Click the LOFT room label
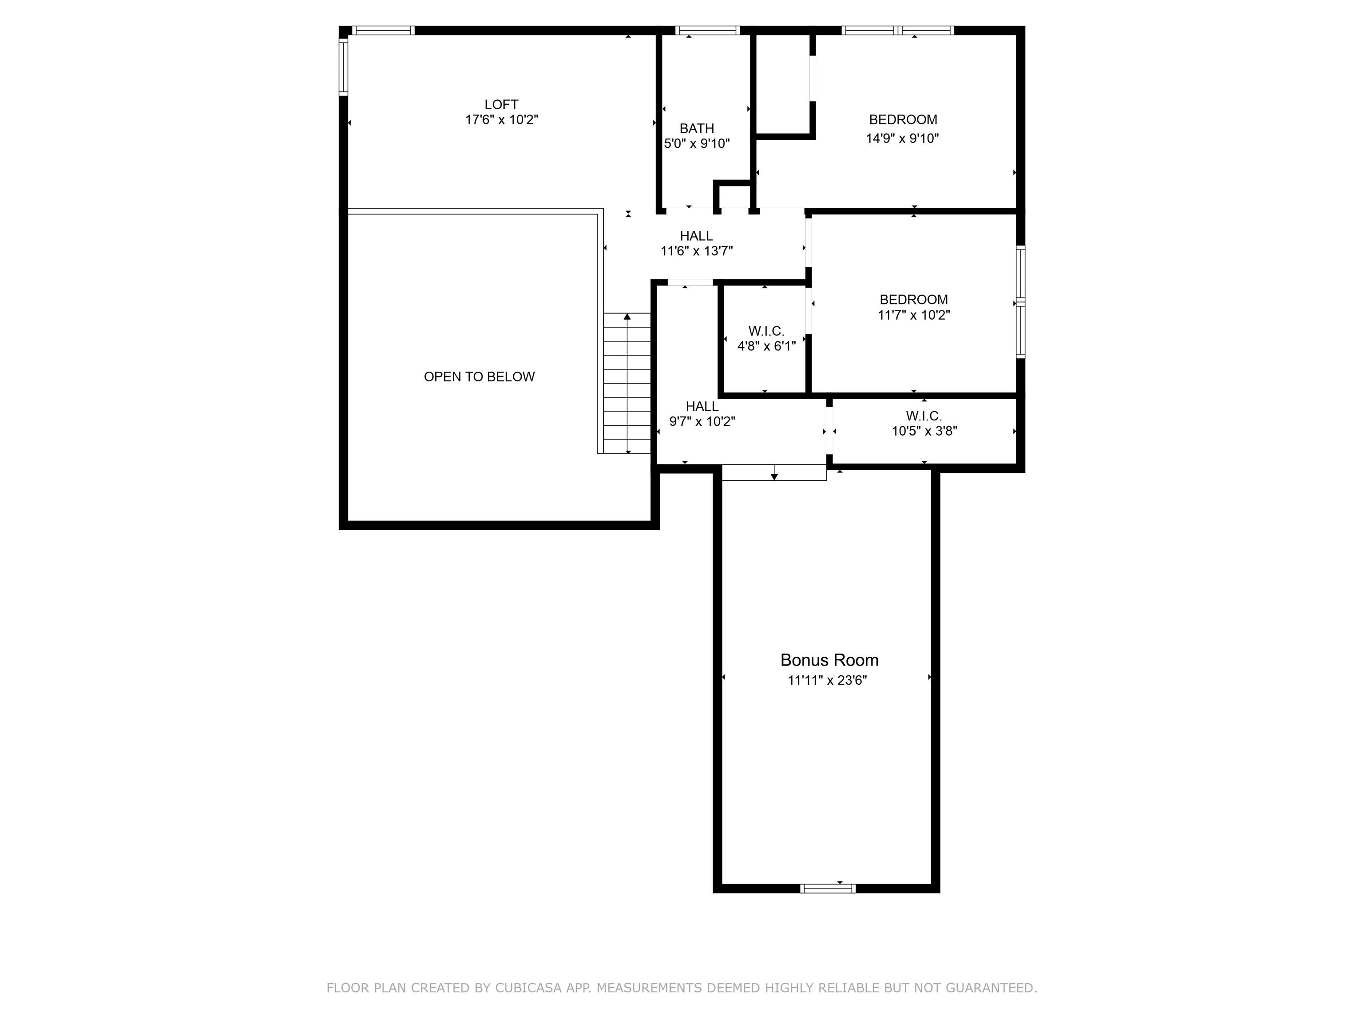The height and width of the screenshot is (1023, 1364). click(501, 105)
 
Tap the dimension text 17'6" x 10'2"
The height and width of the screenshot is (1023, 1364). click(501, 119)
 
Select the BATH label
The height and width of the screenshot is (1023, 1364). click(697, 128)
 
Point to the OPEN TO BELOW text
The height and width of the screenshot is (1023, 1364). click(479, 377)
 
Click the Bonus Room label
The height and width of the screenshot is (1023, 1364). click(829, 660)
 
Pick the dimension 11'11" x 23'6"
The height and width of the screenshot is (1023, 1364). click(828, 680)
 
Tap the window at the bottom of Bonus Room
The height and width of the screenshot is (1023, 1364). click(828, 888)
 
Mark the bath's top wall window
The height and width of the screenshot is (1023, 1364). click(707, 30)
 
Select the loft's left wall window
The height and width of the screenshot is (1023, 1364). click(344, 67)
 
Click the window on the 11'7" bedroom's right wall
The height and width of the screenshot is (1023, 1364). click(1020, 302)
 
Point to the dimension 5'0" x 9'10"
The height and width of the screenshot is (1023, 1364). click(697, 144)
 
